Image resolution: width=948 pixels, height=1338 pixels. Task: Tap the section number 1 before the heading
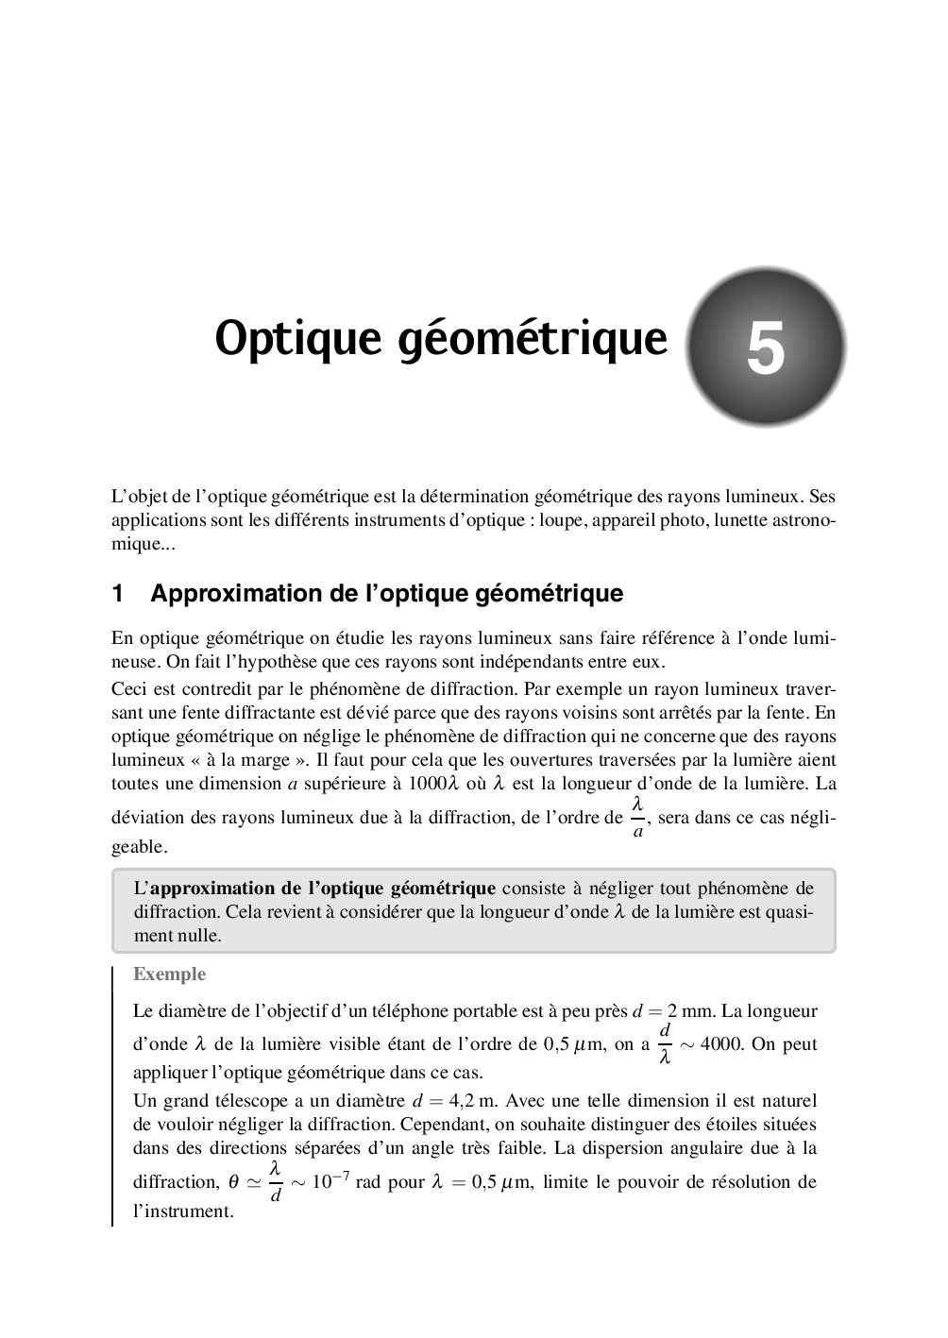pyautogui.click(x=118, y=594)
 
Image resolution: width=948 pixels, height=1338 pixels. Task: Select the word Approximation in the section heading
pyautogui.click(x=222, y=594)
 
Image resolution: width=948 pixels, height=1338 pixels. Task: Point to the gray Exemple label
pyautogui.click(x=169, y=974)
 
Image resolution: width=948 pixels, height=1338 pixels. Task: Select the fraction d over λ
pyautogui.click(x=665, y=1044)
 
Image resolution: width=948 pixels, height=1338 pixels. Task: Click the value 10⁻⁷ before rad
pyautogui.click(x=329, y=1181)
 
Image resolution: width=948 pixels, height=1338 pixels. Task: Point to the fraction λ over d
pyautogui.click(x=276, y=1182)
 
